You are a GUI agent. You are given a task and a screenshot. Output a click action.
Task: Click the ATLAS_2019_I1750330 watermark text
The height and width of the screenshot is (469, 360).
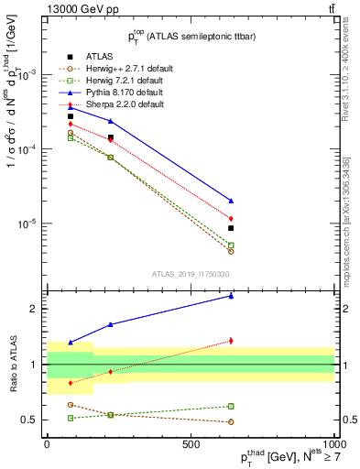190,273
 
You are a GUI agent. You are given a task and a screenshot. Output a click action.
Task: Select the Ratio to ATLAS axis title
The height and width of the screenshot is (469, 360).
16,364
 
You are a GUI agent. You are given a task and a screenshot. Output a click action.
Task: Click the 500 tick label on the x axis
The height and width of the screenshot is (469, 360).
191,444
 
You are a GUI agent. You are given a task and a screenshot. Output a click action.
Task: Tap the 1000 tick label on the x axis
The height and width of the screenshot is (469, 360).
333,444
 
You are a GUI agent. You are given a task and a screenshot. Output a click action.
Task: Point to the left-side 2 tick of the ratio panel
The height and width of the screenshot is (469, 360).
33,309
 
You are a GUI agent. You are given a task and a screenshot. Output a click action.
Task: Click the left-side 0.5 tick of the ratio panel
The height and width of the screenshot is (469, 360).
29,420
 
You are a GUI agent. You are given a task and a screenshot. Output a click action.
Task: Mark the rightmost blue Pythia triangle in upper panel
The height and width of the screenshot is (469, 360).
231,200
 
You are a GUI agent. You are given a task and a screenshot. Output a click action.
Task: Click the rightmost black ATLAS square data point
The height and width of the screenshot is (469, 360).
231,228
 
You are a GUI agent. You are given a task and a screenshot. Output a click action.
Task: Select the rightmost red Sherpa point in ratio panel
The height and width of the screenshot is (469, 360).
231,341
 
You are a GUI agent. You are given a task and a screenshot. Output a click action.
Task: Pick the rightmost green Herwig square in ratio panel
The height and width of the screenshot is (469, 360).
231,406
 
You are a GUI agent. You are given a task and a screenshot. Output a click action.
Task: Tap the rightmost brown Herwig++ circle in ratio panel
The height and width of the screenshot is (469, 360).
231,422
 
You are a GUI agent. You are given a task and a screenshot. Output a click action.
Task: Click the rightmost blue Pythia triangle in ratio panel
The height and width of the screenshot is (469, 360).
231,296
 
